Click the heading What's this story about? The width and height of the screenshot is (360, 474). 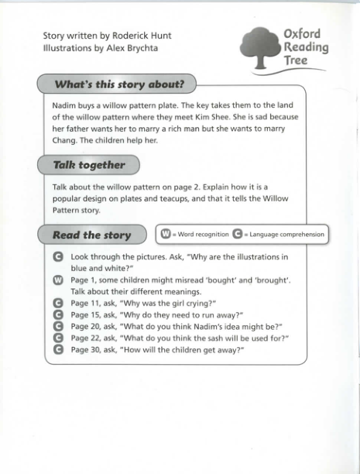[119, 84]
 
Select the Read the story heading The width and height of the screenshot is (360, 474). [91, 235]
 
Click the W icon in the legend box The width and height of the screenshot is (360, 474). [165, 234]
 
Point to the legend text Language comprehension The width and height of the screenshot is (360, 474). [286, 234]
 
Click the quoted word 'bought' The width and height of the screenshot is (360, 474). [214, 280]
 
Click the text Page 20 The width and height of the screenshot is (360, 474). [85, 326]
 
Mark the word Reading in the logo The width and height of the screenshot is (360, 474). [305, 48]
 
